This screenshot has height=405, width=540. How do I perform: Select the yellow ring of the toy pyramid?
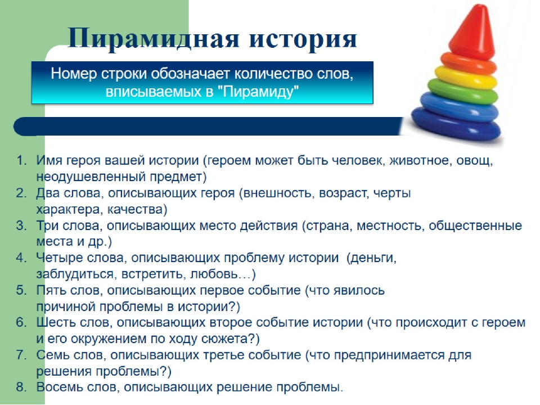[x=466, y=77]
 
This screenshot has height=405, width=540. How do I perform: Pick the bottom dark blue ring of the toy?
[x=456, y=123]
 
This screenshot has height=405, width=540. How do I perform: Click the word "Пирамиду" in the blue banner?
[x=260, y=92]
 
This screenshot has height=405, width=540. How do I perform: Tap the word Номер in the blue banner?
[x=74, y=74]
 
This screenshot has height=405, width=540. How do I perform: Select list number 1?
[x=21, y=160]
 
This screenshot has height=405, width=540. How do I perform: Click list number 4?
[x=21, y=258]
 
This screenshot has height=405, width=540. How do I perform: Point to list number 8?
[x=21, y=387]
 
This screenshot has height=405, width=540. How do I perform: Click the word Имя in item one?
[x=49, y=160]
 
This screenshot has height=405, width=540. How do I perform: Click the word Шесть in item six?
[x=56, y=323]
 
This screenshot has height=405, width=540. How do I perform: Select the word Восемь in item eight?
[x=60, y=387]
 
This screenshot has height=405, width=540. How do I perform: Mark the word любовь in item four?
[x=214, y=274]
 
